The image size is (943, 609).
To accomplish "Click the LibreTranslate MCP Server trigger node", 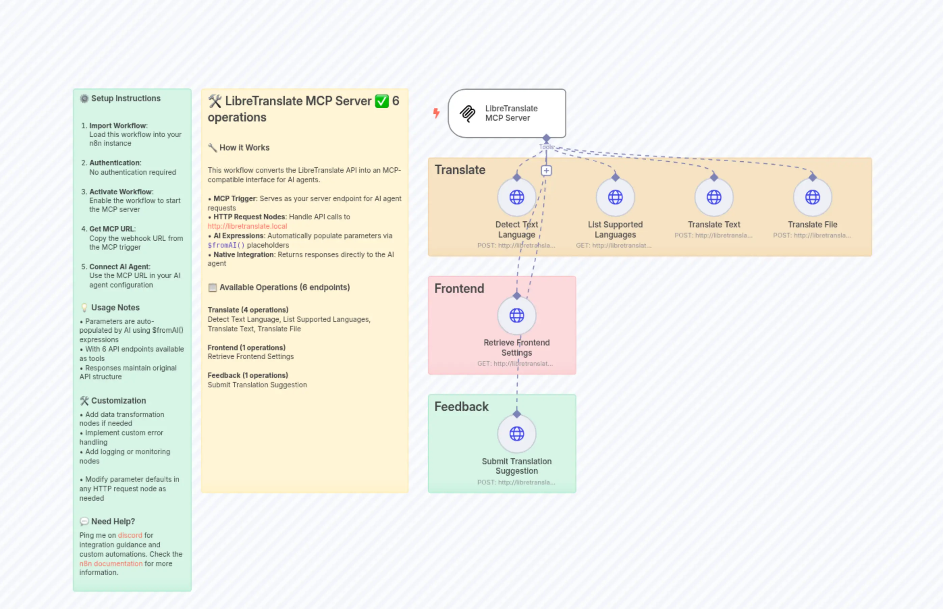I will coord(507,113).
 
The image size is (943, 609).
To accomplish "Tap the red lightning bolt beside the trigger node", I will coord(436,113).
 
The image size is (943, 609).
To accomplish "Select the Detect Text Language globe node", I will coord(517,197).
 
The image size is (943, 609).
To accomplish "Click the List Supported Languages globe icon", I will coord(615,197).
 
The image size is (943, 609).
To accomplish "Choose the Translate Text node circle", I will coord(713,197).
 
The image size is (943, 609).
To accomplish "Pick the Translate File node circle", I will coord(812,197).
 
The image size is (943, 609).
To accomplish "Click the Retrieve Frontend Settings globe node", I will coord(517,315).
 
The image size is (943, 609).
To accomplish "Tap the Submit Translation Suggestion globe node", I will coord(517,434).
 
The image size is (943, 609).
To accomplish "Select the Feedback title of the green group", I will coord(461,407).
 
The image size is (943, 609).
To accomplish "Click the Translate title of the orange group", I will coord(460,170).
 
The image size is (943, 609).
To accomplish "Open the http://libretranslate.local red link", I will coord(247,226).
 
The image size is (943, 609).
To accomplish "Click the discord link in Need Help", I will coord(130,535).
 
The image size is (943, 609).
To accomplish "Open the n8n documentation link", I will coord(111,563).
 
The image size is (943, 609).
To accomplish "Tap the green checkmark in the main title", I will coord(382,101).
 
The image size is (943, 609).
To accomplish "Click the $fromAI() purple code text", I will coord(226,245).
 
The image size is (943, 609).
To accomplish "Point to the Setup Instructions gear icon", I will coord(84,99).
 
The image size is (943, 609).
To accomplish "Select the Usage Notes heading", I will coord(115,308).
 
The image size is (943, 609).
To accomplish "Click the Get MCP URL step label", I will coord(112,229).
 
